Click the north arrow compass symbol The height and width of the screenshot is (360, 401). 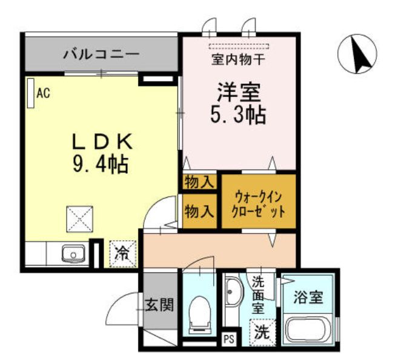point(361,54)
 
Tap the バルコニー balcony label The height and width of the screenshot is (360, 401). point(102,54)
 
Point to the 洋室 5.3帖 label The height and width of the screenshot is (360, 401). point(239,102)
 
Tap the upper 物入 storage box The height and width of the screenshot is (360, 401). point(199,182)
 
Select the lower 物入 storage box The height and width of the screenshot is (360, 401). point(199,211)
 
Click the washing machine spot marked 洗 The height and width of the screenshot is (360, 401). point(261,331)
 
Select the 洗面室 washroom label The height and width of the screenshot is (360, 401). point(259,295)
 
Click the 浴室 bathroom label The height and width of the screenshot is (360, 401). point(308,298)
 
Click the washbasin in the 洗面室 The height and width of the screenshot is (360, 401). point(233,297)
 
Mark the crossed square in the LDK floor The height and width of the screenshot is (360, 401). point(80,218)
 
